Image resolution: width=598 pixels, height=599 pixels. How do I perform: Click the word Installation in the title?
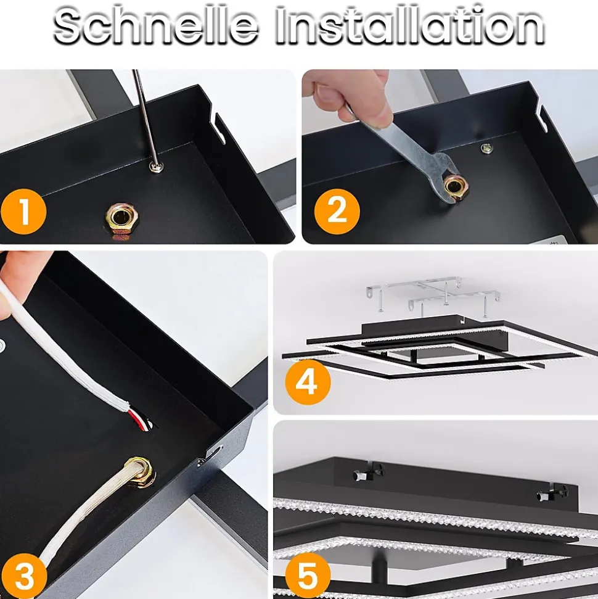tap(410, 26)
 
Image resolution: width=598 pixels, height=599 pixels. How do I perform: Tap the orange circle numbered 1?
tap(23, 211)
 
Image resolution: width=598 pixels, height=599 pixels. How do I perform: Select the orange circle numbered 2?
tap(337, 211)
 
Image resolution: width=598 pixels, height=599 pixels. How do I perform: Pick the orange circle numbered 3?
tap(23, 576)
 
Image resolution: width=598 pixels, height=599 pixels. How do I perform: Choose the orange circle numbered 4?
tap(308, 382)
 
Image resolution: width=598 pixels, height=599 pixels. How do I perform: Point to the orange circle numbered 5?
tap(308, 576)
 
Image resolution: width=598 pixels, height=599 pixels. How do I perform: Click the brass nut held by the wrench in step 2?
tap(455, 187)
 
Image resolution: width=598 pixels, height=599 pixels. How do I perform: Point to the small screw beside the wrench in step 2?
tap(486, 148)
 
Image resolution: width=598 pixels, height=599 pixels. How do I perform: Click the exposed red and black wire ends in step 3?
tap(141, 419)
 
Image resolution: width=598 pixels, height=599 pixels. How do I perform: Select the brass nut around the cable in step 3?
tap(140, 473)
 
